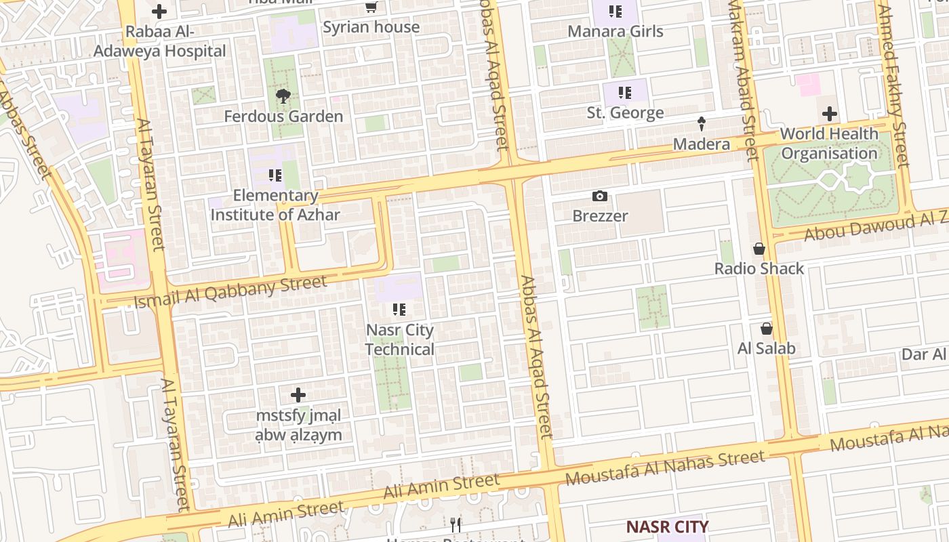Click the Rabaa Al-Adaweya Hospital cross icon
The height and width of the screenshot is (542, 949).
click(x=159, y=12)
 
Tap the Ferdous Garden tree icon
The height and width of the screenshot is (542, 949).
click(x=283, y=97)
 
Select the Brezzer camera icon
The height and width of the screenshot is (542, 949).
click(x=600, y=196)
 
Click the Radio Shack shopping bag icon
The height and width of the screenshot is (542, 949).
click(x=759, y=249)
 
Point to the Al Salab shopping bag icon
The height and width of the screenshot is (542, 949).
click(x=767, y=329)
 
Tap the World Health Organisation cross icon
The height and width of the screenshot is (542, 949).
click(x=830, y=114)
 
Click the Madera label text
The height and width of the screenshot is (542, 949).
click(x=702, y=144)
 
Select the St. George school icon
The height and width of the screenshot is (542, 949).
click(x=624, y=93)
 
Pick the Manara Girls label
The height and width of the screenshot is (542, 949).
click(x=615, y=31)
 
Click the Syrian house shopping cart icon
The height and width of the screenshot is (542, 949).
click(x=371, y=7)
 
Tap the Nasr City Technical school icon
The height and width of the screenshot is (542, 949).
click(x=399, y=310)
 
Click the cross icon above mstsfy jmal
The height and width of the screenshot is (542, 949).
click(x=298, y=395)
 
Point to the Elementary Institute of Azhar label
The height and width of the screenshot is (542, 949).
click(x=275, y=205)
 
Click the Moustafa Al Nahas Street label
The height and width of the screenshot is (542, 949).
click(x=666, y=468)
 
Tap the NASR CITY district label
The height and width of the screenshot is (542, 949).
click(x=667, y=526)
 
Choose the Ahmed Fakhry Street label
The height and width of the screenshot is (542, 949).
click(x=893, y=85)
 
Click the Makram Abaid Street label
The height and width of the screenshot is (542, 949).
click(x=743, y=81)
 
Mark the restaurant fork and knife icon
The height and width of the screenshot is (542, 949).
click(x=456, y=524)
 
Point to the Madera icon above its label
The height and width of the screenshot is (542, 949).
click(x=702, y=124)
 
